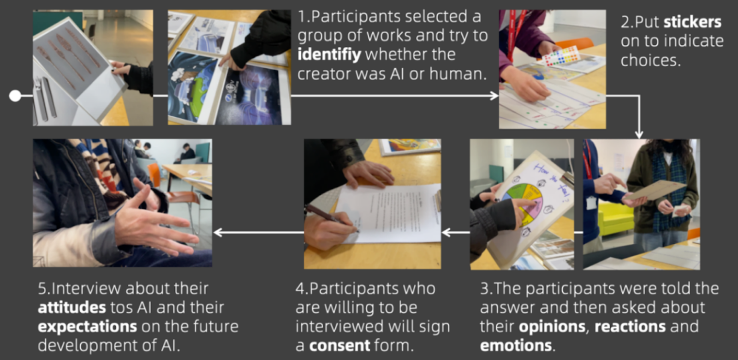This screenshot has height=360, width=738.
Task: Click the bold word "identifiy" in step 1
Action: point(329,55)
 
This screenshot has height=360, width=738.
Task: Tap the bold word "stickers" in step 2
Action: point(692,22)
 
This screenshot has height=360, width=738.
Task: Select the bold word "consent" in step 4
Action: point(339,346)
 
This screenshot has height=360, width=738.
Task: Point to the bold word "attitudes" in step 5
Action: point(72,307)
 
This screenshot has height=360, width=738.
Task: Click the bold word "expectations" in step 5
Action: point(87,327)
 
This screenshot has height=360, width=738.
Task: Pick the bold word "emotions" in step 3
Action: point(516,346)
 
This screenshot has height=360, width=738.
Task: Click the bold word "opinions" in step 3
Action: point(552,327)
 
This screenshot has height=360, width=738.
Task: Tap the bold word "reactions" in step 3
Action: point(630,327)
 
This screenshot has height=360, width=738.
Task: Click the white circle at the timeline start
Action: point(15,96)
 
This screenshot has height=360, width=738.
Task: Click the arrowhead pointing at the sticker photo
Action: point(494,96)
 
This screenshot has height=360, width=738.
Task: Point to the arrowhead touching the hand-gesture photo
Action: point(218,233)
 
